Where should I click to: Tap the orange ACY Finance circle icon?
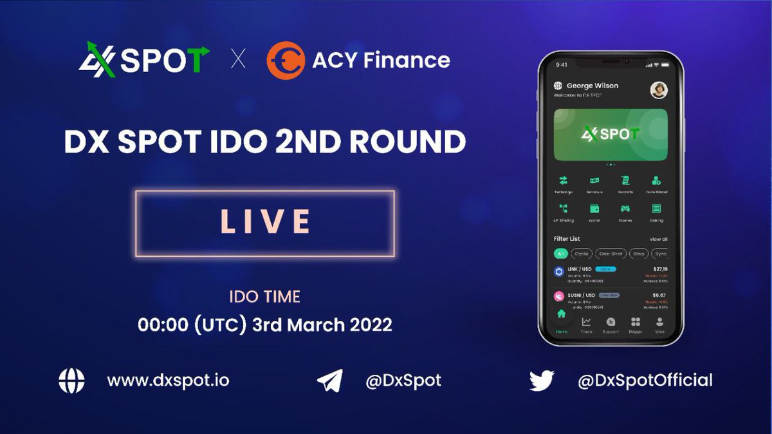point(286,61)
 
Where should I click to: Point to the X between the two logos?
point(238,61)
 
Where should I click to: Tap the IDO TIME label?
point(264,297)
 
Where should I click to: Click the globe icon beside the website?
point(71,381)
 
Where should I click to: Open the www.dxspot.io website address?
point(168,381)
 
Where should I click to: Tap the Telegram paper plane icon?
point(330,381)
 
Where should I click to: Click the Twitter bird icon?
point(542,381)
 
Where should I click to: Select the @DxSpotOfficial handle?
point(645,381)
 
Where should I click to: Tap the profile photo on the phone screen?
point(658,90)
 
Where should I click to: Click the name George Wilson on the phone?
point(592,86)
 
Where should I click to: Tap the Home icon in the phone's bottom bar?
point(561,316)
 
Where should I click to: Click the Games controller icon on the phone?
point(625,209)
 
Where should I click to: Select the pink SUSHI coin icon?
point(559,297)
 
